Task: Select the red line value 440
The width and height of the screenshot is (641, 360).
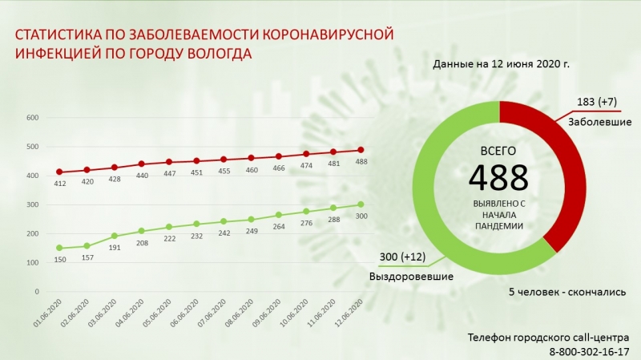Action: [x=140, y=175]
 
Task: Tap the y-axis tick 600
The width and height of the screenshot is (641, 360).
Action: [x=33, y=118]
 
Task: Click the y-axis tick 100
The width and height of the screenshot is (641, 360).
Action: [x=33, y=262]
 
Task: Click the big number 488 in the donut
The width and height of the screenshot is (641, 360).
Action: [x=498, y=176]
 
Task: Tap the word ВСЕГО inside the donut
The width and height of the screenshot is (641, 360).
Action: [x=498, y=151]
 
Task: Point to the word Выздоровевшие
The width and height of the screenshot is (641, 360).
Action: [x=411, y=277]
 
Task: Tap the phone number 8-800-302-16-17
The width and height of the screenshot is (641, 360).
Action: [x=589, y=351]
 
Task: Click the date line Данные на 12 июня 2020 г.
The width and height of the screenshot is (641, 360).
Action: [x=501, y=63]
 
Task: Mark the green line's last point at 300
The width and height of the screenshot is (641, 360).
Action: [x=360, y=204]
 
